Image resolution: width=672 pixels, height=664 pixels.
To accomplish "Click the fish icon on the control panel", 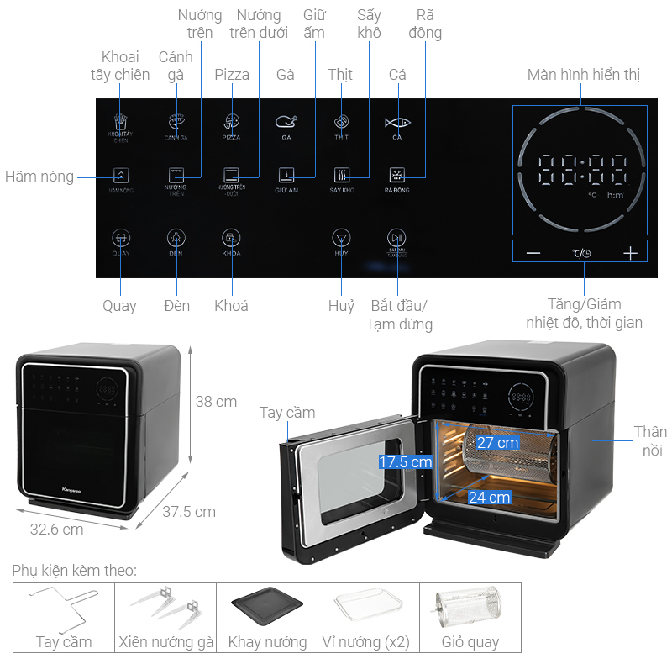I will [x=397, y=123].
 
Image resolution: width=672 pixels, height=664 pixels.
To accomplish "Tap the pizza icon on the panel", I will [x=231, y=123].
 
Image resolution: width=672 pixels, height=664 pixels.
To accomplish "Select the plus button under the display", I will [x=630, y=253].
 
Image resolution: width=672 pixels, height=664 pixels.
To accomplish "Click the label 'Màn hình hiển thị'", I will [x=584, y=75].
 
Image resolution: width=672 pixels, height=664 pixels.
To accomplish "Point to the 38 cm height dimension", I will [x=216, y=402].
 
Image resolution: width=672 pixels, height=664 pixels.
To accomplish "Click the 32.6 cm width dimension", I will [x=56, y=529].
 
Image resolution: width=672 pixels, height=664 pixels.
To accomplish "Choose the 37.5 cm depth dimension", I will [x=188, y=511].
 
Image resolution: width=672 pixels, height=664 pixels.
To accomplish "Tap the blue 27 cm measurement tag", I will [x=497, y=442].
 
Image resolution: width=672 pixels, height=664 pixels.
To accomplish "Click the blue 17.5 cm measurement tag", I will [x=405, y=461].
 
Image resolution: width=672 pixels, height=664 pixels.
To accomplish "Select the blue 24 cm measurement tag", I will [x=488, y=497].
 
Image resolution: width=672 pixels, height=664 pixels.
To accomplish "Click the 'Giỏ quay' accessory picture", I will [x=470, y=606].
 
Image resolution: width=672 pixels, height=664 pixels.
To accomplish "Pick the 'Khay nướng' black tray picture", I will [x=267, y=606].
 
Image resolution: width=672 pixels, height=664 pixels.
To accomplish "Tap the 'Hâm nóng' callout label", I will [x=39, y=177].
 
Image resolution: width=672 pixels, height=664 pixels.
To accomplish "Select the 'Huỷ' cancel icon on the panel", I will [x=340, y=237].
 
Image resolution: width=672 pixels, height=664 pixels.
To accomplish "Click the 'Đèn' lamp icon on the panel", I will [x=176, y=237].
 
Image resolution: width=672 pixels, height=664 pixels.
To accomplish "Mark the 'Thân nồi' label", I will [x=650, y=441].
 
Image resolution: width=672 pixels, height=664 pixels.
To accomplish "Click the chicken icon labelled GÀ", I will [x=286, y=123].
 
